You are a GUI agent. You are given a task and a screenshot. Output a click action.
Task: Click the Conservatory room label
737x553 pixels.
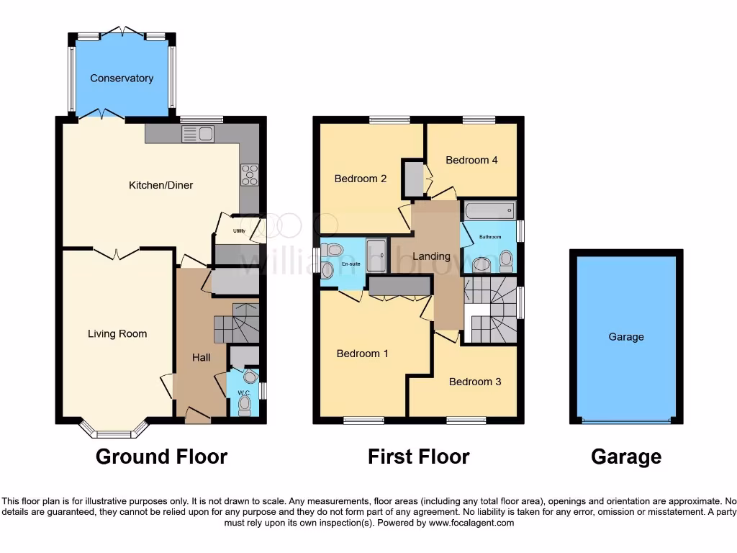(x=122, y=78)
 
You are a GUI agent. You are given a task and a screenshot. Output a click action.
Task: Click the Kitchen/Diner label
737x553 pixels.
(x=160, y=185)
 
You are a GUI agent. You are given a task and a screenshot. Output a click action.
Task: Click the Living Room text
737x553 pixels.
(x=117, y=333)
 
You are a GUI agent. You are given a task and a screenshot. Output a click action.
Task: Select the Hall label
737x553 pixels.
(x=202, y=357)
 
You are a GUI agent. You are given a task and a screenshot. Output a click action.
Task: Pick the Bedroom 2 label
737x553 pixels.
(x=361, y=179)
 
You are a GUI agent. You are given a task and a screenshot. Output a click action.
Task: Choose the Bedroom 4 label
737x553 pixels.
(x=471, y=160)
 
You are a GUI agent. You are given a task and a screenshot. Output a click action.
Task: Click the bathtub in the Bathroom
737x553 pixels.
(x=489, y=210)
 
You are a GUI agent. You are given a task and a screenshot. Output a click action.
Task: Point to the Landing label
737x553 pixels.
(x=431, y=256)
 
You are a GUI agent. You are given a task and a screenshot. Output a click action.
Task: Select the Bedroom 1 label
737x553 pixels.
(x=363, y=354)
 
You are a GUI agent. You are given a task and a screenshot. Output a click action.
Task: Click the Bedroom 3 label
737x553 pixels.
(x=475, y=382)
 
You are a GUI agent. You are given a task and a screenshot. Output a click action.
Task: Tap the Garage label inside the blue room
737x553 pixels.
(x=626, y=336)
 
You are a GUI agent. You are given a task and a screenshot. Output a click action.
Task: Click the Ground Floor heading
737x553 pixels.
(x=161, y=457)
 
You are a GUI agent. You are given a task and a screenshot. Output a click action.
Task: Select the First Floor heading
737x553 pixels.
(x=418, y=457)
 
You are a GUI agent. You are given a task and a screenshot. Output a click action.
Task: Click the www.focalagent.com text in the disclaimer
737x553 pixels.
(x=471, y=523)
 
